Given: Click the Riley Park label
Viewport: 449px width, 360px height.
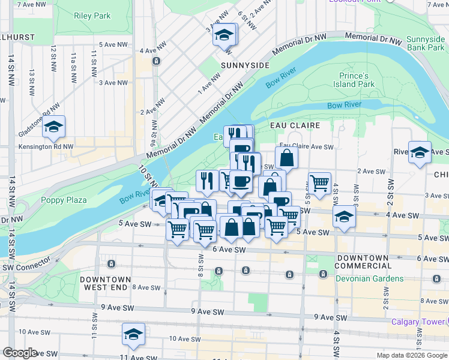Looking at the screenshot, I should click(92, 16).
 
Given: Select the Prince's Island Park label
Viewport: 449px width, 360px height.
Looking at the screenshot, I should click(354, 80).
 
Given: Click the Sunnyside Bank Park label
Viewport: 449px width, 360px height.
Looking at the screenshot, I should click(425, 43).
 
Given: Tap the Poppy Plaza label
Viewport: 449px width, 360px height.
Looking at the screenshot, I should click(64, 200).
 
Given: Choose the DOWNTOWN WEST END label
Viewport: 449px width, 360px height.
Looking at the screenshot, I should click(105, 283).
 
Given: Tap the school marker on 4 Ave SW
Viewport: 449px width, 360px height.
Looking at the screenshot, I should click(344, 217).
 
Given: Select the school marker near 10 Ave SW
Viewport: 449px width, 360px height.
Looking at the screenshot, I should click(133, 334).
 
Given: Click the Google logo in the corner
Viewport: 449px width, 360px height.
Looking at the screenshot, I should click(20, 353).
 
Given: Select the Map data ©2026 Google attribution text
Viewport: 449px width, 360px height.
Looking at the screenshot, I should click(412, 355).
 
